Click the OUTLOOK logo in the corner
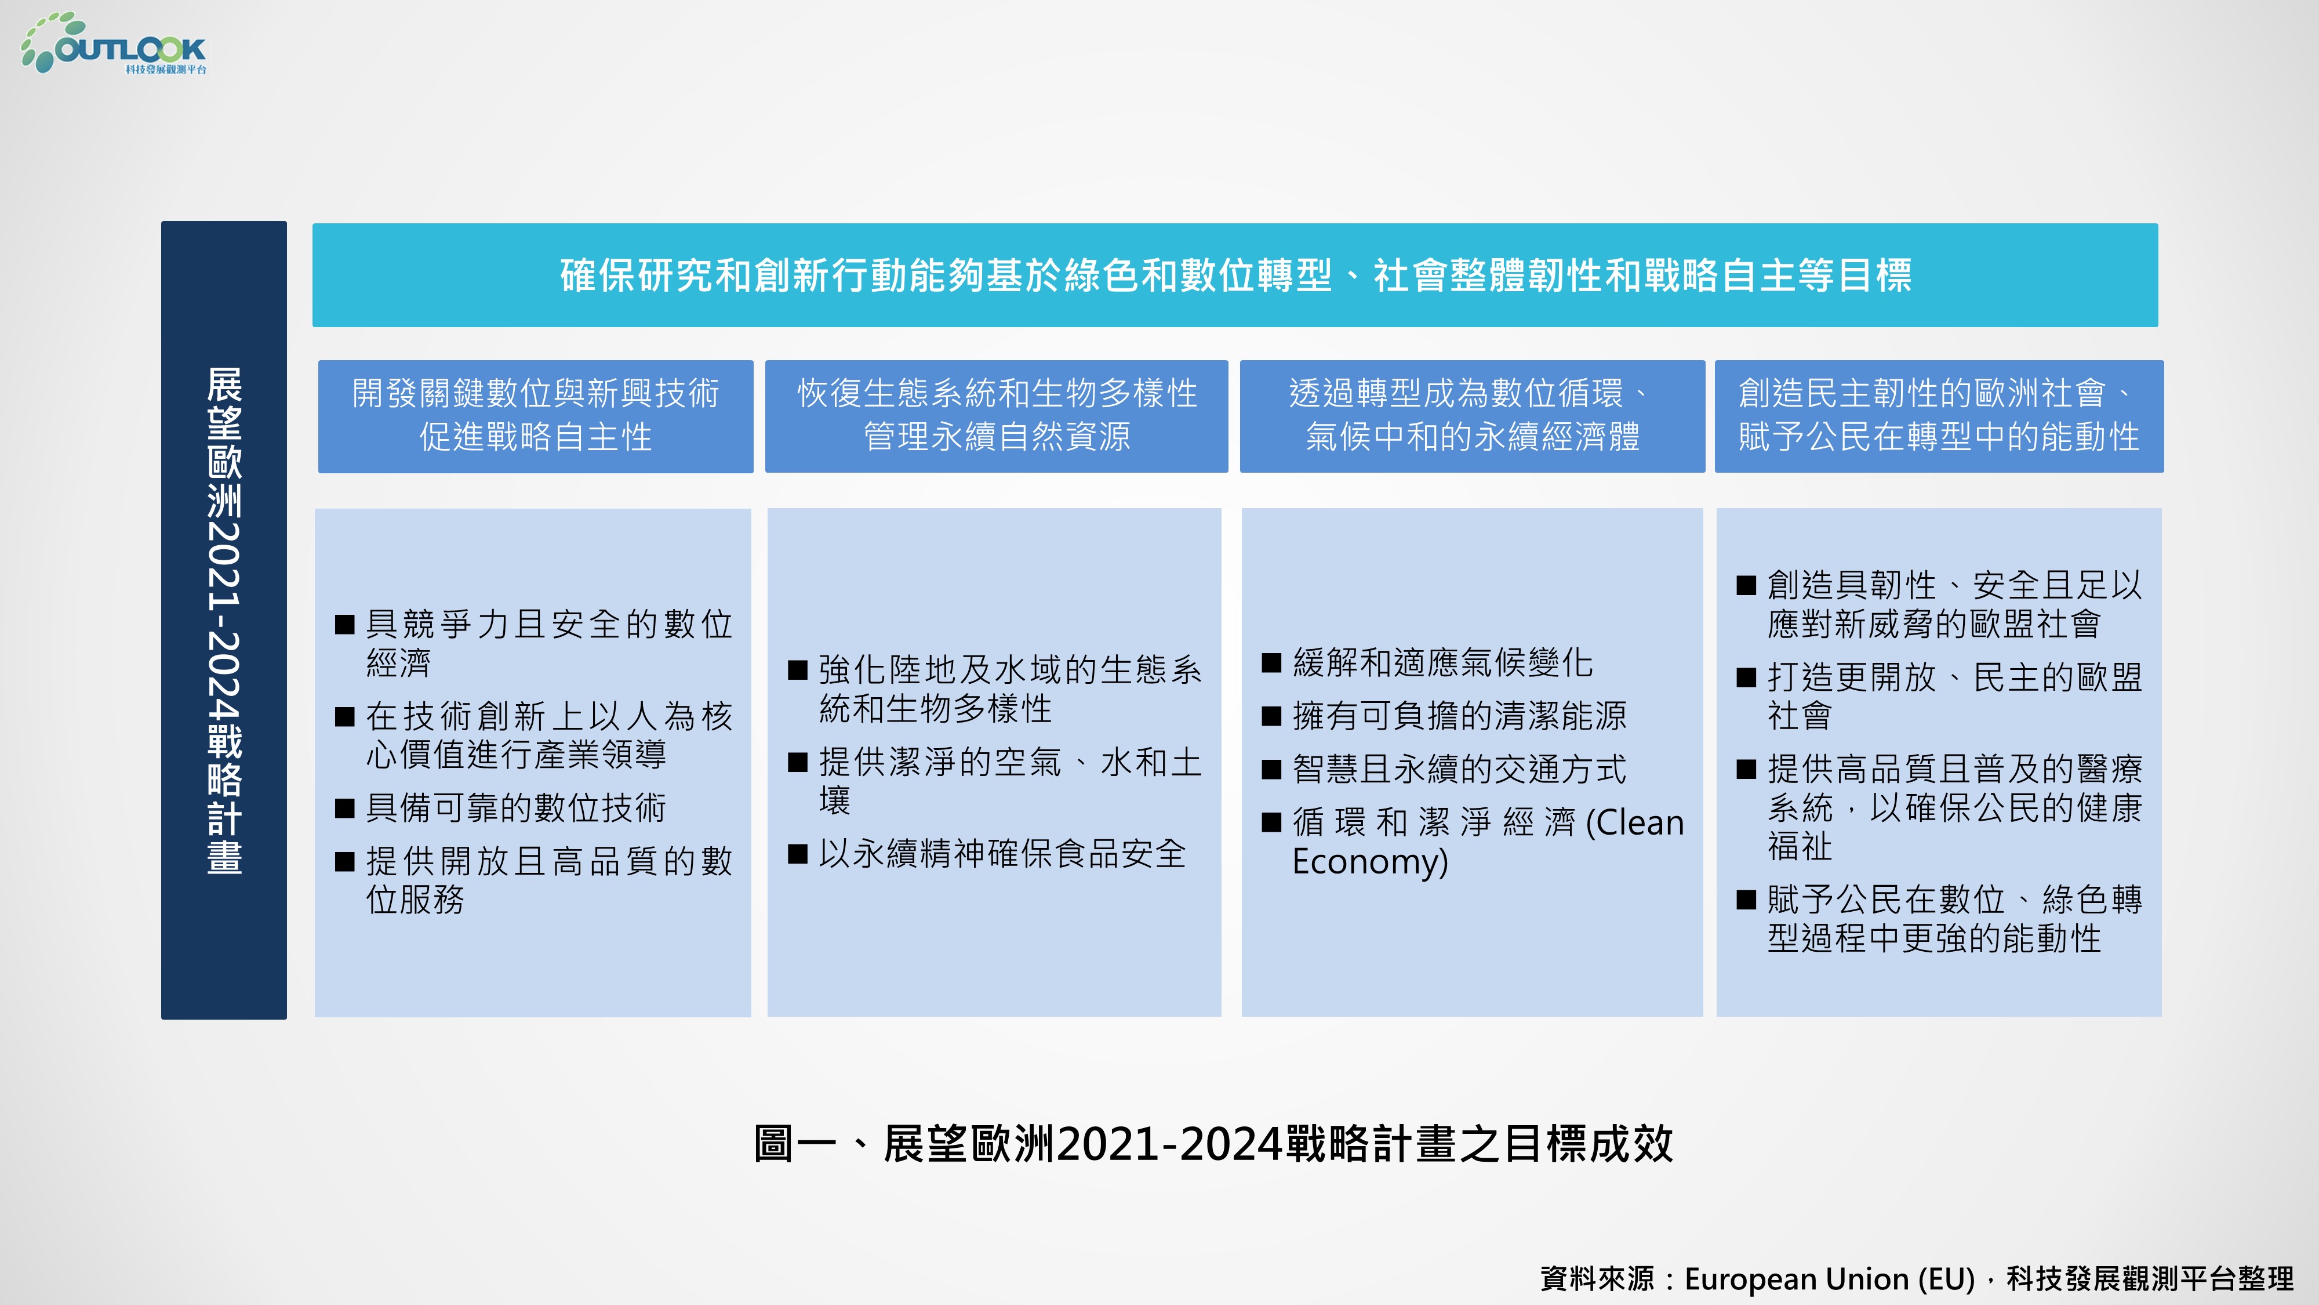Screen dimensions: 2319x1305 114,43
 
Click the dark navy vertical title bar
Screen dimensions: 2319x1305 224,619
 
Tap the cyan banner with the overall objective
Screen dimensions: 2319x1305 1235,275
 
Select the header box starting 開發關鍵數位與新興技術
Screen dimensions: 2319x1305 536,416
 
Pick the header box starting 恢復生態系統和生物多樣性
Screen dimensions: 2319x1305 997,416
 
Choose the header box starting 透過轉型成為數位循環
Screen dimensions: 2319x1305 1473,416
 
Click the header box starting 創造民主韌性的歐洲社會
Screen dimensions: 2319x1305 1939,416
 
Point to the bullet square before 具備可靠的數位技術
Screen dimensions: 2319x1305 345,808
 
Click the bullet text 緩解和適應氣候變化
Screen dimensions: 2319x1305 1443,663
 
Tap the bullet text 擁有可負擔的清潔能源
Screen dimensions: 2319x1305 1459,716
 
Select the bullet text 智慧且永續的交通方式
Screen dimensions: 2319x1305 1459,769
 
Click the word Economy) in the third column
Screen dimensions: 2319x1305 1370,862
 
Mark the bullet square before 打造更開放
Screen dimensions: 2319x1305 1746,677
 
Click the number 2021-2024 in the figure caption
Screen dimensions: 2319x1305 1171,1144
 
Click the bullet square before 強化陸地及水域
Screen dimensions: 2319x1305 798,670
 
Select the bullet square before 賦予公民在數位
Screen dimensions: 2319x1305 1746,899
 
